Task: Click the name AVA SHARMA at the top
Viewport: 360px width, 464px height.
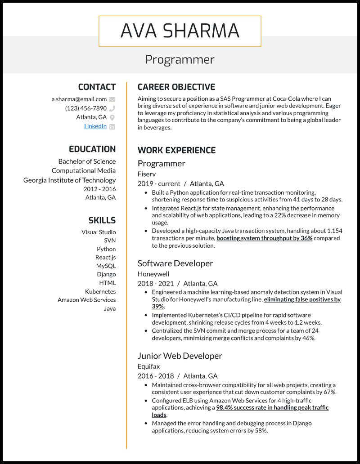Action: (180, 31)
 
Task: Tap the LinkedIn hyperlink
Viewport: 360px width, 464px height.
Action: (95, 126)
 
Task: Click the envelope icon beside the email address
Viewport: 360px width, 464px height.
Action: (112, 99)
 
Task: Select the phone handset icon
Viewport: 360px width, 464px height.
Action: (112, 108)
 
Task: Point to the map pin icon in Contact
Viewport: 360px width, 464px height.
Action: (112, 117)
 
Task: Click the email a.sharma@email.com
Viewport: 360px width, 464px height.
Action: (79, 99)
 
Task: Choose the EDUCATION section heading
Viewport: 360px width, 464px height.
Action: (92, 149)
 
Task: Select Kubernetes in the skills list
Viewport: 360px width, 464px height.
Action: (100, 291)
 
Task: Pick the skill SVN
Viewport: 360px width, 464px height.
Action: (110, 241)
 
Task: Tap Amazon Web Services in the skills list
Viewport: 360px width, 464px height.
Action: (86, 300)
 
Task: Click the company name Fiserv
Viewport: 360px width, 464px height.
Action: (147, 173)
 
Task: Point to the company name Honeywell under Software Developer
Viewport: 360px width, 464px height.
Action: (153, 274)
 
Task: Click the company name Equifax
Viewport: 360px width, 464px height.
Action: (149, 366)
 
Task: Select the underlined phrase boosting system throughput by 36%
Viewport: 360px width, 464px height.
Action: (264, 238)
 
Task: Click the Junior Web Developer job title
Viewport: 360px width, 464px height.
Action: (180, 356)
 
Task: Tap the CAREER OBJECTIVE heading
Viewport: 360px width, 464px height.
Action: (176, 87)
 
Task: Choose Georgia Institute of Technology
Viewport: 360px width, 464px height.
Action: (69, 180)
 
